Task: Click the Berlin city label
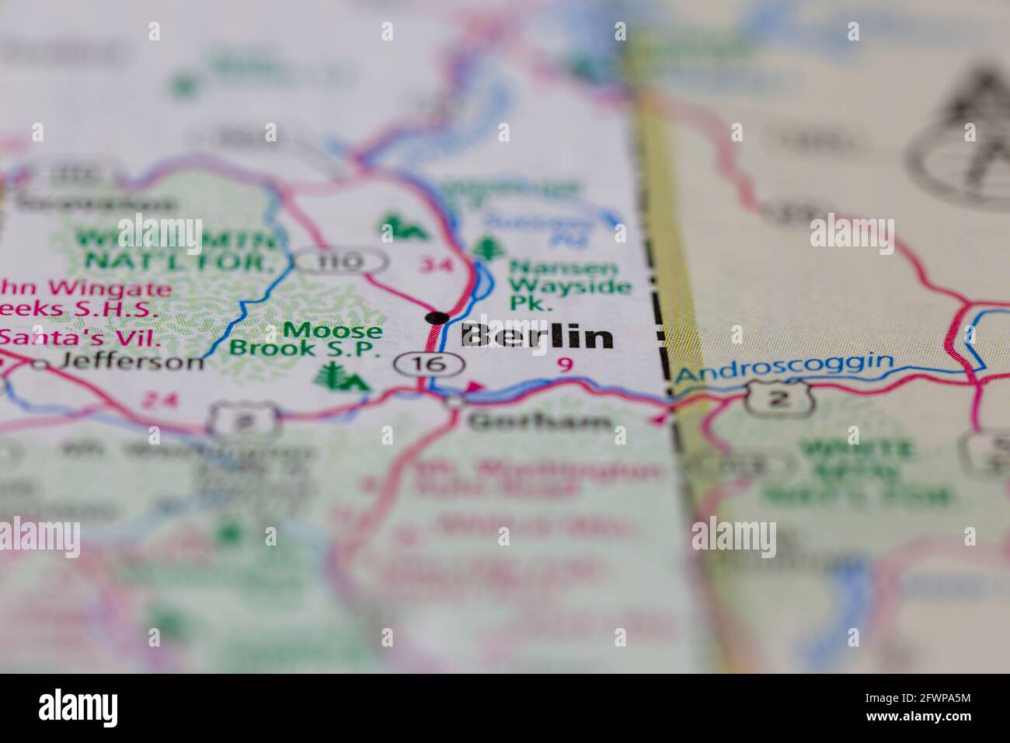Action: (x=536, y=337)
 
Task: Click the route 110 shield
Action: (x=340, y=262)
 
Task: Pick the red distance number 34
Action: (x=434, y=265)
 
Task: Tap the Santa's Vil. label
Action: (x=79, y=337)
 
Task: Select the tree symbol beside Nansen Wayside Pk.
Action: (x=488, y=248)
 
